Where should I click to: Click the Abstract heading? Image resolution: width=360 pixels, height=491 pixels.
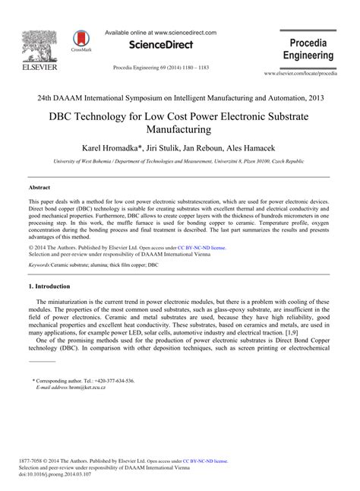click(39, 186)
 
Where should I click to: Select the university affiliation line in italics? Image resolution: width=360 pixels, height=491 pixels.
click(179, 162)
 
